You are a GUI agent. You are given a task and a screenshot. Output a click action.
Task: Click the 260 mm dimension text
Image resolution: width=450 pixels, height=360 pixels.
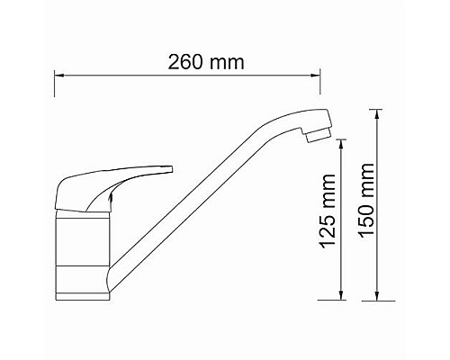coord(207,63)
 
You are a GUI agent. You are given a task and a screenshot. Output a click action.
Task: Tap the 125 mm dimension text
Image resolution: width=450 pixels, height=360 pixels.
coord(329,221)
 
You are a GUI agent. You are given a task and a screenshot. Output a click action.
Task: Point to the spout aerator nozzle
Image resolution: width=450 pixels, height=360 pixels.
coord(317,135)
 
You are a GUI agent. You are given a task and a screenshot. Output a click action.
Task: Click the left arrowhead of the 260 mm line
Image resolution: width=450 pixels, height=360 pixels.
coord(59,78)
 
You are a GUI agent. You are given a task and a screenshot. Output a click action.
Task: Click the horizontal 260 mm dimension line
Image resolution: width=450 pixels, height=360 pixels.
coord(189,78)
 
